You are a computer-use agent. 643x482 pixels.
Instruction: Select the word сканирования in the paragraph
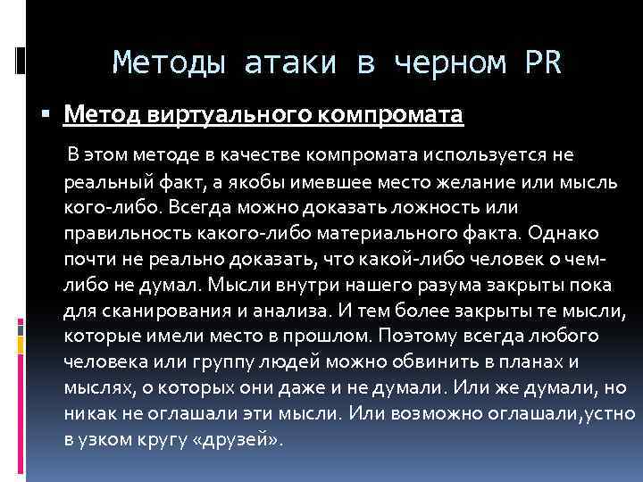coord(157,312)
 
